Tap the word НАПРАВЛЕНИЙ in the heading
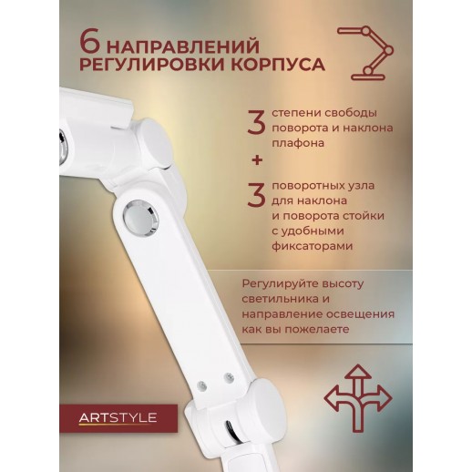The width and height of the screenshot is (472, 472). click(184, 46)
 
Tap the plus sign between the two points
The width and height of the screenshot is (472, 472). click(257, 160)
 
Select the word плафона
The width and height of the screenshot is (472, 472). click(298, 143)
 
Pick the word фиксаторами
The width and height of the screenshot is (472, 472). click(313, 246)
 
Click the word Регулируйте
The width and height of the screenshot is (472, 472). click(276, 284)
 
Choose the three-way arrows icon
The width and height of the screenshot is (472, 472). click(358, 398)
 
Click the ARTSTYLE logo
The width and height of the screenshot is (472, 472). click(118, 418)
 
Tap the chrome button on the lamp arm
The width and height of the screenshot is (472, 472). click(140, 218)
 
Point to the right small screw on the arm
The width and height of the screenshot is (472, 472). click(229, 378)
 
